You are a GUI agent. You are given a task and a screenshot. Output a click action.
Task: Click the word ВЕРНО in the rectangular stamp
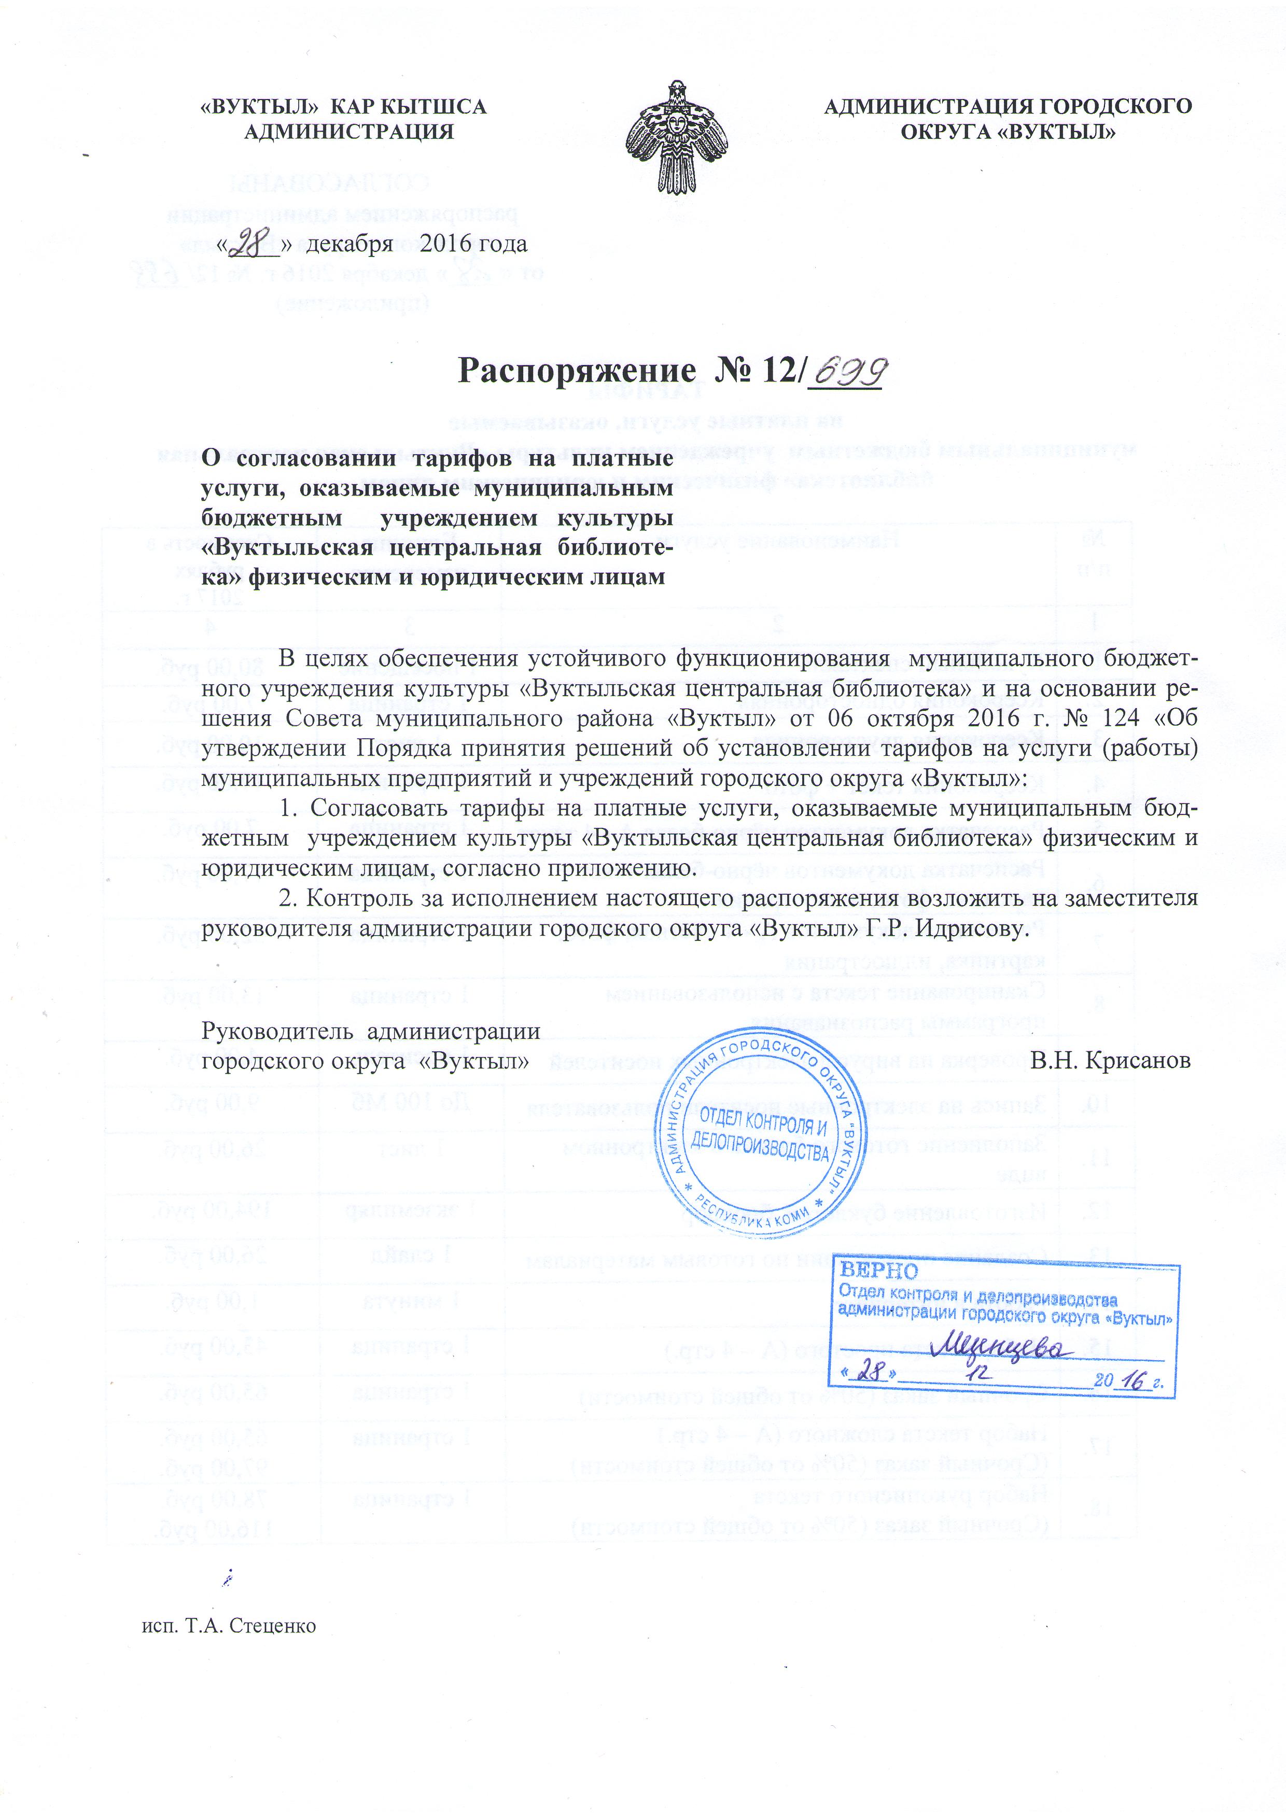pos(878,1272)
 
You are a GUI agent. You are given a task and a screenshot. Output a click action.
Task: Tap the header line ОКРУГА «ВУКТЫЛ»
pos(1008,132)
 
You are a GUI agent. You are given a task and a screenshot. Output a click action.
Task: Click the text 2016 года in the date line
pos(473,244)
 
